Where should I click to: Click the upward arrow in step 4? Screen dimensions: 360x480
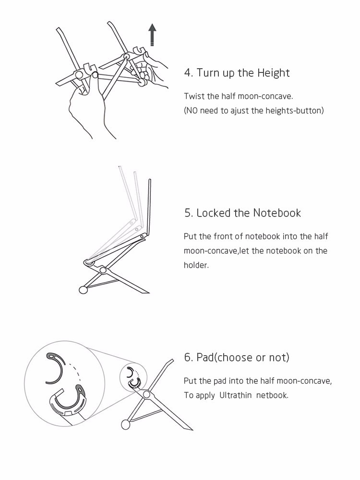click(152, 35)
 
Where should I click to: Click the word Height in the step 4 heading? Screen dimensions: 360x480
click(274, 73)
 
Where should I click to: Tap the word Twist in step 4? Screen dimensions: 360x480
click(194, 96)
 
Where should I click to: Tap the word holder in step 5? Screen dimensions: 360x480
click(195, 265)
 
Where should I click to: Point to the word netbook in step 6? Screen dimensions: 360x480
click(272, 395)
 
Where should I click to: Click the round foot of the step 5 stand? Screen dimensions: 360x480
click(83, 289)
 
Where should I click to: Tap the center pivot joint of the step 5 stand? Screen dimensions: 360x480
click(103, 270)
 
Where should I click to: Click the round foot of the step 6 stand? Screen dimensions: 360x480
click(125, 425)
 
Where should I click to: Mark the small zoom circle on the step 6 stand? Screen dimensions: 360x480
click(133, 376)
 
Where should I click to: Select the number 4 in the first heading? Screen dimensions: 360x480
click(187, 73)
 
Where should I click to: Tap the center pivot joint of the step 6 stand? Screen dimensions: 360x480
click(146, 394)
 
